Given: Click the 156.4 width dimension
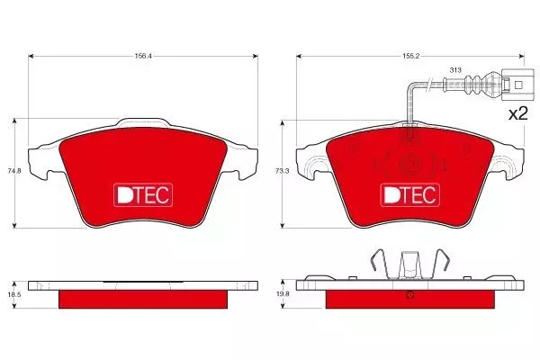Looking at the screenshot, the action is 143,56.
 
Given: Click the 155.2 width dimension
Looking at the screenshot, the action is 411,56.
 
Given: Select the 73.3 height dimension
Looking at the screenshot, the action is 283,170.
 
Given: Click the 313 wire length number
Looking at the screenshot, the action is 455,70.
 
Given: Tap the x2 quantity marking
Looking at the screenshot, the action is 518,113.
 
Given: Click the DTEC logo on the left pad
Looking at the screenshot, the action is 143,195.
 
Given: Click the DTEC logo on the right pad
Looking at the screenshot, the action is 409,195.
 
